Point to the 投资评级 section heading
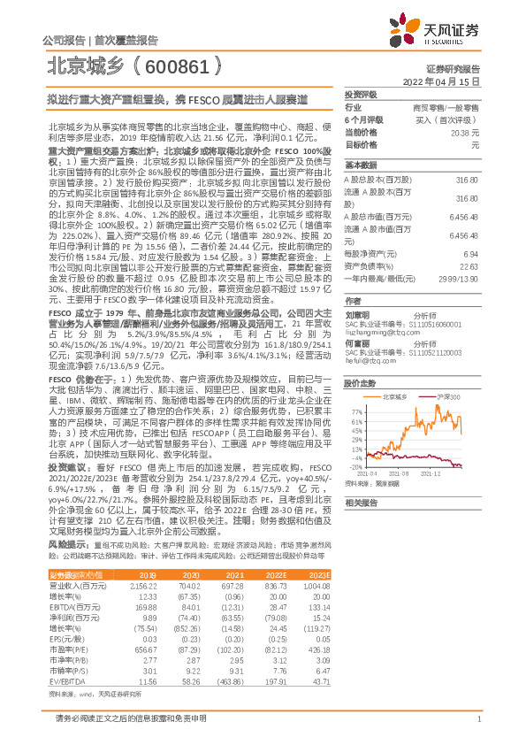[x=361, y=94]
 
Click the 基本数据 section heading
[x=361, y=165]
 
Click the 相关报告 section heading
[x=361, y=502]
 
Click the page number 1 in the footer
[x=478, y=718]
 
